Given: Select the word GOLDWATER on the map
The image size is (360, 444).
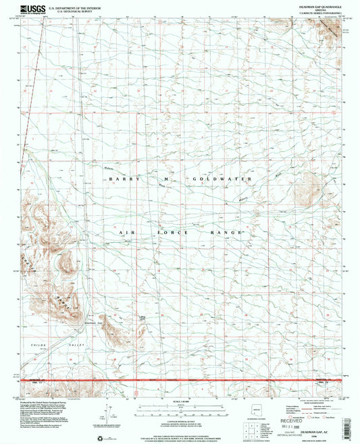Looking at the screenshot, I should coord(222,179).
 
